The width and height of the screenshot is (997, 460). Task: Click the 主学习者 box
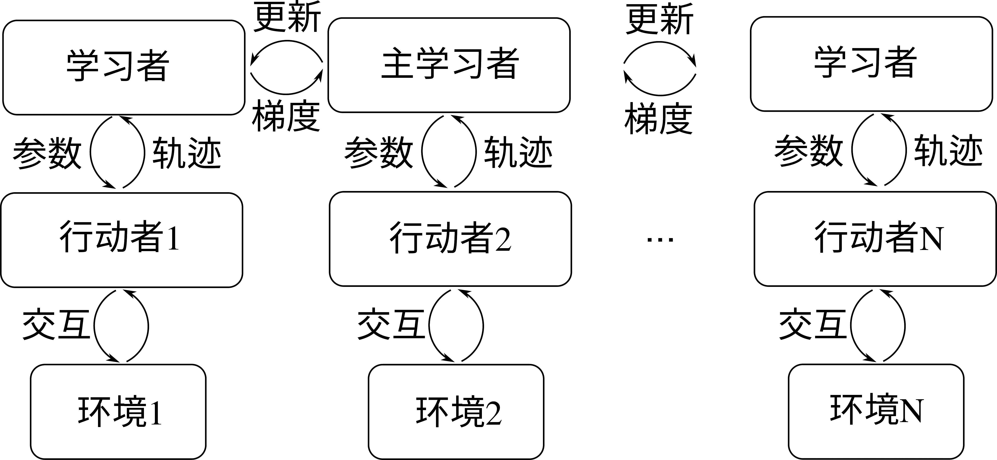[449, 65]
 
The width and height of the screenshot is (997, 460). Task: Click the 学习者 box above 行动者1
[124, 68]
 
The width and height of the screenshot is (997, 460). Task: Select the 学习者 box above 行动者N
[872, 64]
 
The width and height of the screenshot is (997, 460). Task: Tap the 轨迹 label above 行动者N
[948, 151]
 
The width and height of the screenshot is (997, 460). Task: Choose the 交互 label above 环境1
[56, 325]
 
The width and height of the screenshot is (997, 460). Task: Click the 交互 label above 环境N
[813, 324]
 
